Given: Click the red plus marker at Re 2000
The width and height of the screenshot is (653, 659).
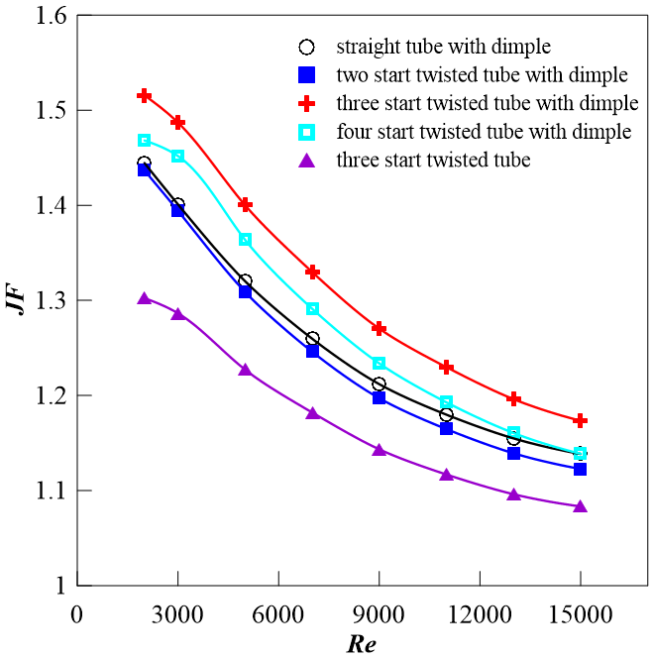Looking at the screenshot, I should [145, 96].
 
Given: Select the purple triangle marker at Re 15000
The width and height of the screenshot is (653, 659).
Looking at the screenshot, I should [580, 506].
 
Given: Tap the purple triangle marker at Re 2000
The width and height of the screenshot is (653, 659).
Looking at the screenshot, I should [145, 298].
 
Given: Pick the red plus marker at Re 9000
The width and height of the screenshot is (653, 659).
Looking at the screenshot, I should [380, 328].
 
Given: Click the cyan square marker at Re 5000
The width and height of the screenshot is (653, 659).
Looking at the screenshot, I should [245, 240].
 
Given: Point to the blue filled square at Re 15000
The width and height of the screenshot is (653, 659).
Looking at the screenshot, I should [580, 469].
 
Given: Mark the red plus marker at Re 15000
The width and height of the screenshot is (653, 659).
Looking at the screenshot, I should [580, 421].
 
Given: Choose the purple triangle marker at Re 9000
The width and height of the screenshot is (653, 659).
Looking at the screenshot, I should [380, 450].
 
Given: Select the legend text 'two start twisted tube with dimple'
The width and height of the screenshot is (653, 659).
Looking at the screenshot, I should [482, 74].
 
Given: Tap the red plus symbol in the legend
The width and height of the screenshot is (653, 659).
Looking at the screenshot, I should [307, 103].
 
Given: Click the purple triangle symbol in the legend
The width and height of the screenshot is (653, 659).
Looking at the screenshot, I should [307, 160].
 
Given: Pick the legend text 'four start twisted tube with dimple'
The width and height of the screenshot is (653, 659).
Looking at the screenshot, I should [484, 131].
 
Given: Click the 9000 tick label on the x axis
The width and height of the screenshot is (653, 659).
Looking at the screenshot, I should [379, 612].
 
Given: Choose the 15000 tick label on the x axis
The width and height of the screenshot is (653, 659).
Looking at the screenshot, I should [580, 612].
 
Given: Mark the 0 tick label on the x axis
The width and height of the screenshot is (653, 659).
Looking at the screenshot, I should [77, 612].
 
